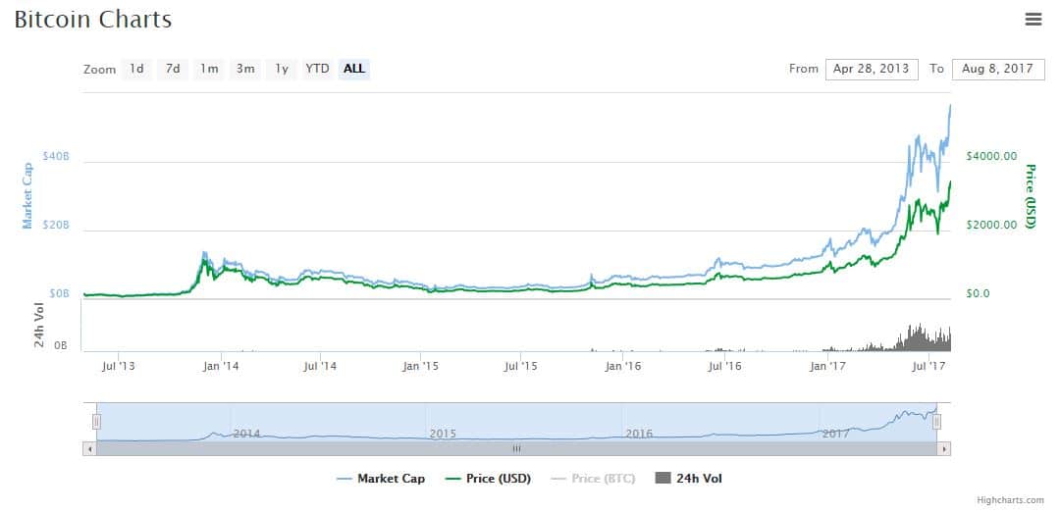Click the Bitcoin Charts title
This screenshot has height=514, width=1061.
click(x=93, y=20)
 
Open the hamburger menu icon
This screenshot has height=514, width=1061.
click(x=1032, y=19)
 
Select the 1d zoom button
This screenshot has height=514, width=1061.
click(x=136, y=69)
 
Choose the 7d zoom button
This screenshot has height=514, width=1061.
click(x=173, y=69)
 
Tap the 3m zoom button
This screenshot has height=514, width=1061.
click(x=245, y=69)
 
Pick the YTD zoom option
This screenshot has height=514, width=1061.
click(x=317, y=69)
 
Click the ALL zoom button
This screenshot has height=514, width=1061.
click(x=354, y=69)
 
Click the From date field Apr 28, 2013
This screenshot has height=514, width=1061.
click(x=872, y=69)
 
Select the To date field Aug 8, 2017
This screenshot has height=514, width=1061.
click(x=997, y=69)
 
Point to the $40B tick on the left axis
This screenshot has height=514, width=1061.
click(x=56, y=157)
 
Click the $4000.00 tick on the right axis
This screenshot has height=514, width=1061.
click(x=991, y=156)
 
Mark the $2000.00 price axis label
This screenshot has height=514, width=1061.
click(x=991, y=225)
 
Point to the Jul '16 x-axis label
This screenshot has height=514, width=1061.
click(x=725, y=366)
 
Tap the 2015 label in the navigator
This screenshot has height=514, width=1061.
click(x=443, y=433)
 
